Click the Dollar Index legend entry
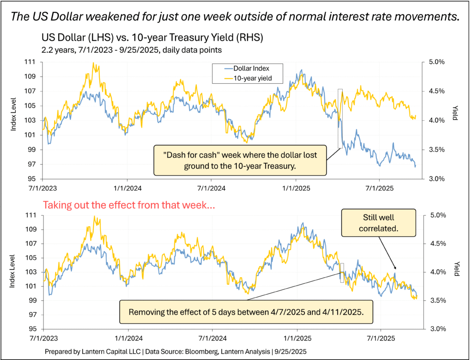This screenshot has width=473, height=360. click(249, 69)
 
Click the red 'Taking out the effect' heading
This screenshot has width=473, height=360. click(128, 206)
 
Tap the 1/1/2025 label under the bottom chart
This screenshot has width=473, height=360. click(296, 338)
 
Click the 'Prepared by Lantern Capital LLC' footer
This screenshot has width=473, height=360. click(175, 351)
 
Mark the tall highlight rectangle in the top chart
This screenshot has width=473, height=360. click(340, 118)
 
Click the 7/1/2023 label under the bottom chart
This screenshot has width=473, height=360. click(43, 338)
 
